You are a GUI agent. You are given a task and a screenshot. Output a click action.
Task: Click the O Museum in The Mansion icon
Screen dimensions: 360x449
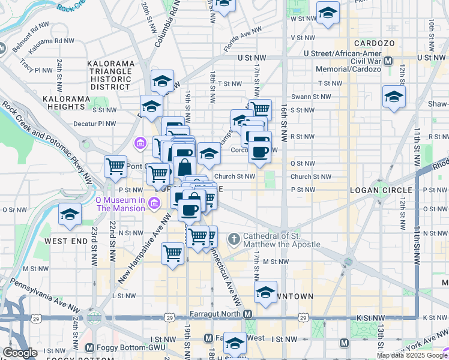click(x=154, y=203)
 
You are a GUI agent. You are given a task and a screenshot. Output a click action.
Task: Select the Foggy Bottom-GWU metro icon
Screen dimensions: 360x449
click(x=89, y=347)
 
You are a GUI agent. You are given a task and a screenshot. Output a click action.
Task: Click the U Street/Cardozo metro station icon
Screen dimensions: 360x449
click(x=388, y=61)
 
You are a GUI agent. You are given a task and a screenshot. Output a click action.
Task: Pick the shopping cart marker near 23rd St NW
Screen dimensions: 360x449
click(x=115, y=166)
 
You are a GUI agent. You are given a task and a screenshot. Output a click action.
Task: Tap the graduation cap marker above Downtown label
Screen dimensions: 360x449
click(x=265, y=292)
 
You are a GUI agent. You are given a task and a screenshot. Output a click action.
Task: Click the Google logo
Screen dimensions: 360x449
click(x=20, y=353)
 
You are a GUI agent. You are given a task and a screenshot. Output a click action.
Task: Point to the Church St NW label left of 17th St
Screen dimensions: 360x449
click(x=235, y=176)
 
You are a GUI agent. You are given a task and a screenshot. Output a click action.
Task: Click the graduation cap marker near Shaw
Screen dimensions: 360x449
click(x=394, y=96)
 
